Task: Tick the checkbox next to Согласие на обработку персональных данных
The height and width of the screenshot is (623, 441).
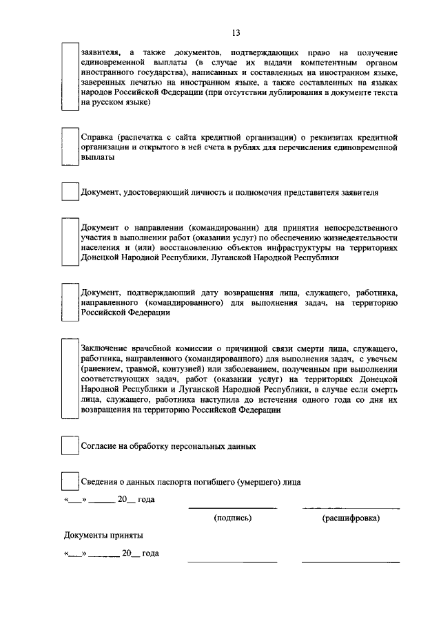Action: (70, 445)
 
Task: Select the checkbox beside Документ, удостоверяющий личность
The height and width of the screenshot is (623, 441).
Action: (70, 192)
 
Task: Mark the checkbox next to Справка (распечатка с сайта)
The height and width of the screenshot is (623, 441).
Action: (70, 146)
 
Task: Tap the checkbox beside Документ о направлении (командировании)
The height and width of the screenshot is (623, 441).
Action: (70, 242)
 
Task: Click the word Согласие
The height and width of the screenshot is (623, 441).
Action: (99, 446)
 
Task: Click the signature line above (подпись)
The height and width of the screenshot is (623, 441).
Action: (233, 508)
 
